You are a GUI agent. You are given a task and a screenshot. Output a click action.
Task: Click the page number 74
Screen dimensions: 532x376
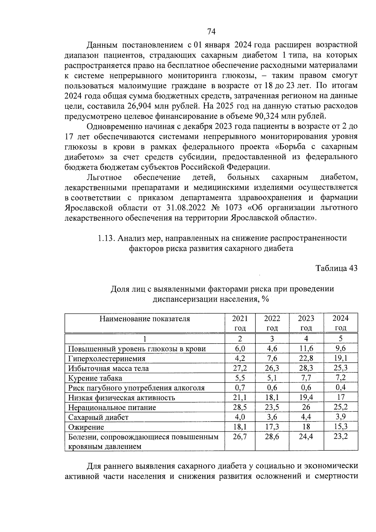point(211,32)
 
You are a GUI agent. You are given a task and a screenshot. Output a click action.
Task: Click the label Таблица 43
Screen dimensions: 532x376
point(336,268)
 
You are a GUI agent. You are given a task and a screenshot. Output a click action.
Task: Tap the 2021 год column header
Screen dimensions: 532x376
point(240,323)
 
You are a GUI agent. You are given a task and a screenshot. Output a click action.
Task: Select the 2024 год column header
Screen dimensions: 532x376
point(340,323)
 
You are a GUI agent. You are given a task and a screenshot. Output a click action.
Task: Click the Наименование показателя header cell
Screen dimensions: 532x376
point(144,319)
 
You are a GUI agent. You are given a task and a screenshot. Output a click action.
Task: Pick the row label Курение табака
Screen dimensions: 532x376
point(95,378)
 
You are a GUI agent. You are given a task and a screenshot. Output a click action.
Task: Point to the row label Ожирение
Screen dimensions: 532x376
point(86,427)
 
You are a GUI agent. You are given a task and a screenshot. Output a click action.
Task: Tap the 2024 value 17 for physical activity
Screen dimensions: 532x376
point(340,397)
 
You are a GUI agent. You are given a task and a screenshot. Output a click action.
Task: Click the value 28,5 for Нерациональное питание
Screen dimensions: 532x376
point(240,407)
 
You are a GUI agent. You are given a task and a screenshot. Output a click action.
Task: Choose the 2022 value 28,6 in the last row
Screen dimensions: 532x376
point(272,436)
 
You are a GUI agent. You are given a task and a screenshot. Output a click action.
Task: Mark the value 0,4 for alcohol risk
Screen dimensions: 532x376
point(340,387)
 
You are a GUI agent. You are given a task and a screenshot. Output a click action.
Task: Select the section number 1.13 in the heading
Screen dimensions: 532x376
point(106,238)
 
